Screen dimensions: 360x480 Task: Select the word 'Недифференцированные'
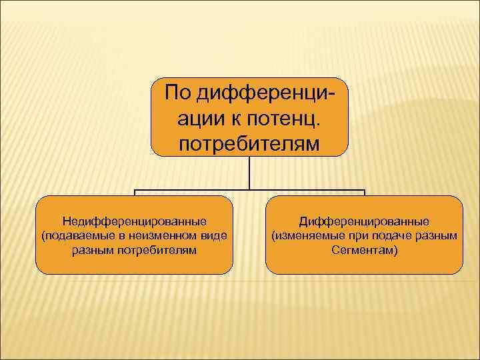pos(134,221)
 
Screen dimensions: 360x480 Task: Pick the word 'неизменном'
pos(169,235)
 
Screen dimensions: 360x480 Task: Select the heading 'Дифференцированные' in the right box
pos(364,221)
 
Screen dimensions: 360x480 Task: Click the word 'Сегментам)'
pos(364,250)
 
